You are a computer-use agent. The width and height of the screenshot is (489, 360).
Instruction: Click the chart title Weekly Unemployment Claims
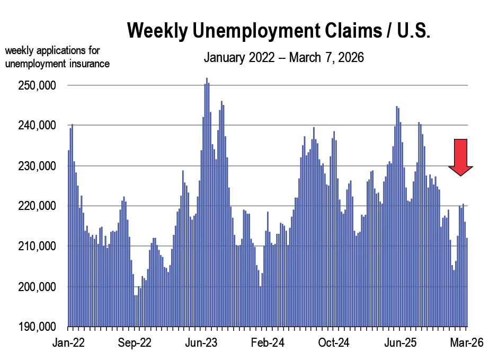click(x=279, y=31)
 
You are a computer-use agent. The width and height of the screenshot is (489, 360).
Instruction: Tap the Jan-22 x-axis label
click(x=68, y=344)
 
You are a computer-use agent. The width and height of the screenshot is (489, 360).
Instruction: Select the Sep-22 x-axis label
click(x=135, y=344)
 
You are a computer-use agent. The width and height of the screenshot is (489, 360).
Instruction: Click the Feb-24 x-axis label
click(x=268, y=344)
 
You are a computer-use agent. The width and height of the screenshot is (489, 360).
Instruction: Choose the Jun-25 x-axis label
click(x=400, y=344)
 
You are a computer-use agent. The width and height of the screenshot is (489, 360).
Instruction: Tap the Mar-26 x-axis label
click(x=466, y=344)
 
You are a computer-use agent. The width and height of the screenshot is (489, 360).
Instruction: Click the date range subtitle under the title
click(x=284, y=57)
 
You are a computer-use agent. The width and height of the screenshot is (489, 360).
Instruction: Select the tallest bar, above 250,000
click(x=207, y=201)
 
